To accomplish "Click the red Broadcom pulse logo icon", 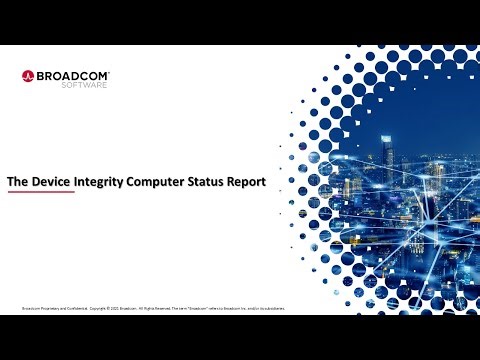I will coord(28,75).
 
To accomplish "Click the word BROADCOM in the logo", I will coord(72,73).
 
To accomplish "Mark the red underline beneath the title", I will coord(41,194).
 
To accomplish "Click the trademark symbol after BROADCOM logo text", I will coord(109,70).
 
